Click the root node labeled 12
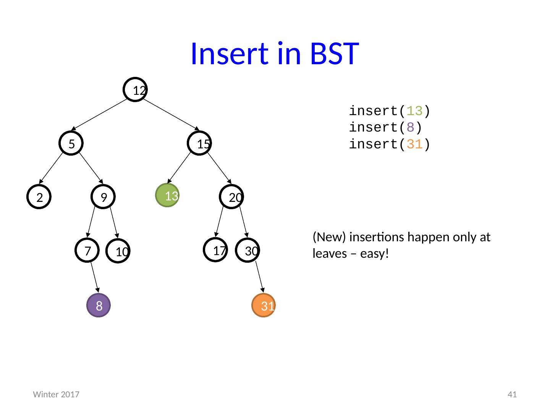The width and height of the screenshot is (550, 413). pyautogui.click(x=135, y=89)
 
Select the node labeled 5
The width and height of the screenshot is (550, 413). pyautogui.click(x=71, y=143)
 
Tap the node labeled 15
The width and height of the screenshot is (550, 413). pyautogui.click(x=199, y=143)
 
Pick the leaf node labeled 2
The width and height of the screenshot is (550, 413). pyautogui.click(x=39, y=197)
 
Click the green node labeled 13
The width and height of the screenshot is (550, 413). pyautogui.click(x=167, y=195)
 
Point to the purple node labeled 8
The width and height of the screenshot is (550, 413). pyautogui.click(x=99, y=305)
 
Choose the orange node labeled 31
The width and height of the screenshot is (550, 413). pyautogui.click(x=263, y=305)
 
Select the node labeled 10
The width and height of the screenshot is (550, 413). pyautogui.click(x=118, y=251)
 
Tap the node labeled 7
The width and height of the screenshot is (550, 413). pyautogui.click(x=87, y=250)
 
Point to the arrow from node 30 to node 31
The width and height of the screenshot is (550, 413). pyautogui.click(x=260, y=277)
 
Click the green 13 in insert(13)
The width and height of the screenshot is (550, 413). pyautogui.click(x=414, y=111)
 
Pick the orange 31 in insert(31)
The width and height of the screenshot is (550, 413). pyautogui.click(x=414, y=144)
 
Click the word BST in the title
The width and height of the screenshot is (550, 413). pyautogui.click(x=335, y=54)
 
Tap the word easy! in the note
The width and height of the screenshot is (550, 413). pyautogui.click(x=374, y=254)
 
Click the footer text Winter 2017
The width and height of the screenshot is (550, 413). pyautogui.click(x=56, y=394)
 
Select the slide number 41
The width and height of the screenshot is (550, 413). pyautogui.click(x=512, y=394)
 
